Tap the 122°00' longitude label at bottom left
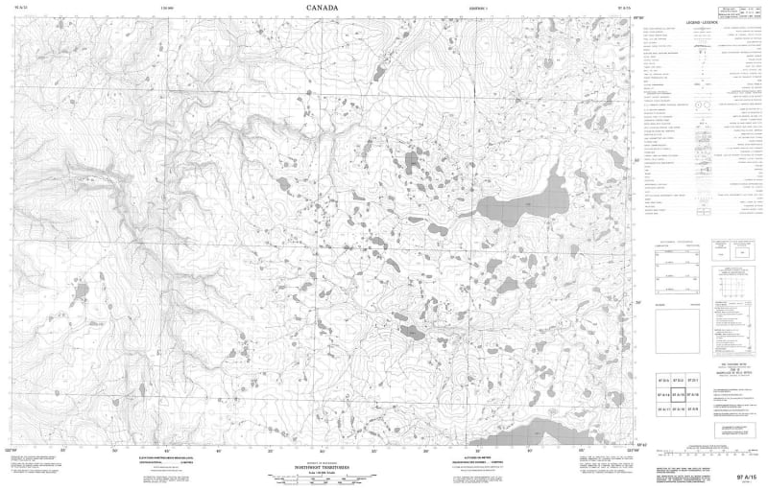pyautogui.click(x=12, y=448)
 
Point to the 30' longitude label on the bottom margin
pyautogui.click(x=322, y=448)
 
